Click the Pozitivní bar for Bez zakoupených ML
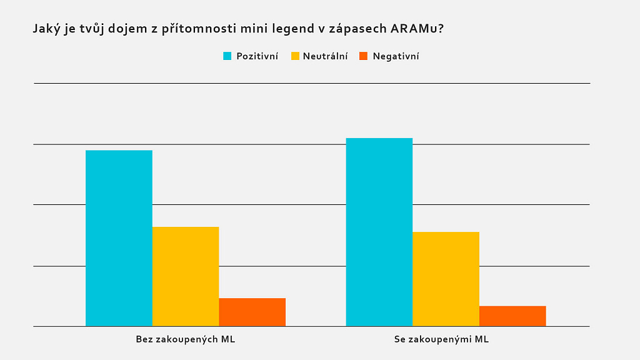(119, 238)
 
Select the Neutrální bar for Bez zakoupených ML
(186, 276)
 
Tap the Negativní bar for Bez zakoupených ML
(252, 312)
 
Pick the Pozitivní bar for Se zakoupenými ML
(379, 232)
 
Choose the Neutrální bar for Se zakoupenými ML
(446, 279)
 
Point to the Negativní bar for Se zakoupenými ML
(512, 316)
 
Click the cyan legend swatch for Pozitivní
(227, 56)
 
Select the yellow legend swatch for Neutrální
(295, 56)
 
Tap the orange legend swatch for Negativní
(364, 56)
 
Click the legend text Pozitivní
(257, 56)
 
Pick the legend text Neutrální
(325, 56)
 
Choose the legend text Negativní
(396, 56)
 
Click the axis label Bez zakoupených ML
(186, 339)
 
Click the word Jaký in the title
(47, 29)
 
